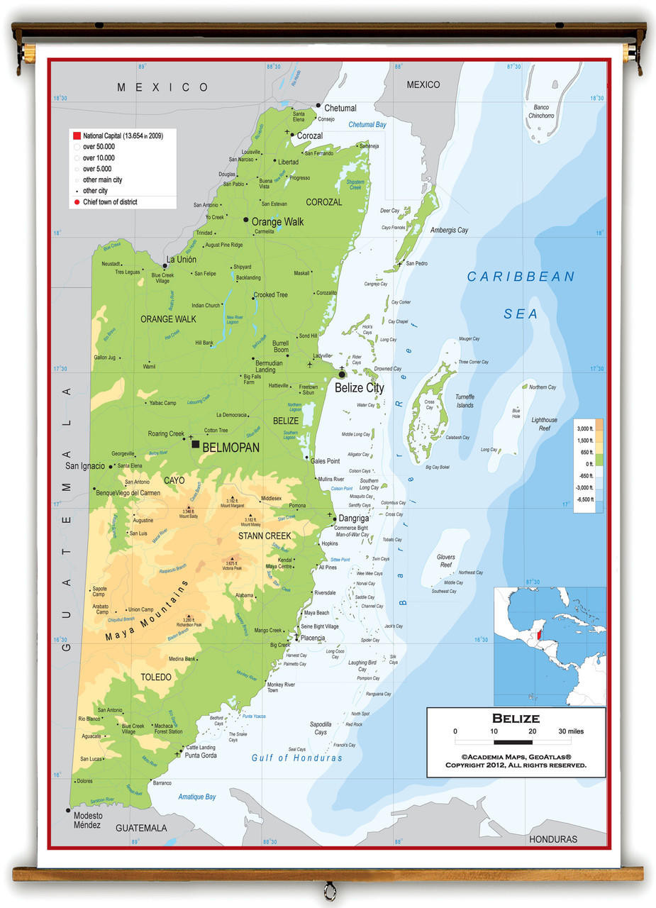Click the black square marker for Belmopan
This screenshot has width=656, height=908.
196,444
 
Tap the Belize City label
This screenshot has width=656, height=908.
359,388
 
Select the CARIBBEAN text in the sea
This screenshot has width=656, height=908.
521,277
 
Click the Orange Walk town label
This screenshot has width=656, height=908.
277,222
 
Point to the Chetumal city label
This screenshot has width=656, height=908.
340,109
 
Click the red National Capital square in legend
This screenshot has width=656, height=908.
76,135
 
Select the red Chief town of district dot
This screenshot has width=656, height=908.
77,202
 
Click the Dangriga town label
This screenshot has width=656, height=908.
353,519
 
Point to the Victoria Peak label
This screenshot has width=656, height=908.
232,568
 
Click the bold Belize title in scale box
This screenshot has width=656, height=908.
516,719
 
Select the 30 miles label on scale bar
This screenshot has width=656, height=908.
571,731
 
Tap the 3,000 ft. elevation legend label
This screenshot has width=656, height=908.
584,429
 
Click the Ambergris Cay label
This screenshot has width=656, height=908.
449,231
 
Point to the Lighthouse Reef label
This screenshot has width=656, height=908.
544,424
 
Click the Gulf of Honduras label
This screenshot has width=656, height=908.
296,758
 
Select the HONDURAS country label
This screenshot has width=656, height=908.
552,839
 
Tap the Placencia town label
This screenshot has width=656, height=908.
313,638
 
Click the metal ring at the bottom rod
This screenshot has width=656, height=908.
329,890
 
